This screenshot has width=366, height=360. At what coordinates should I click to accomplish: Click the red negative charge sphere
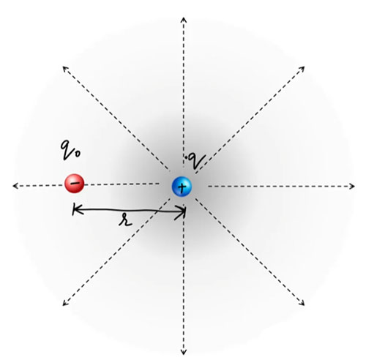74,184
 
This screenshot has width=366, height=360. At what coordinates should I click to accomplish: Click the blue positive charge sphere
182,187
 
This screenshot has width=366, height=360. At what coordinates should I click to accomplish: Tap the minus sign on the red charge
73,183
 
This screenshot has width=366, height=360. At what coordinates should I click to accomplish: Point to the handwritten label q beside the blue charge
194,158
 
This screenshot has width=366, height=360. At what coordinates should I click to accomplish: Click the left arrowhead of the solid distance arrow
74,211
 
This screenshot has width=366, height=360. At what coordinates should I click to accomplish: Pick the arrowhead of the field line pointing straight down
182,350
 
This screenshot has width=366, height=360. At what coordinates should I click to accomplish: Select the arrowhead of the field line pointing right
351,187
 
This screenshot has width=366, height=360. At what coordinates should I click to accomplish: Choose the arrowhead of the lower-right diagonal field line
302,304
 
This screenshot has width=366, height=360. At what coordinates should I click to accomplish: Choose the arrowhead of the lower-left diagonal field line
64,303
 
